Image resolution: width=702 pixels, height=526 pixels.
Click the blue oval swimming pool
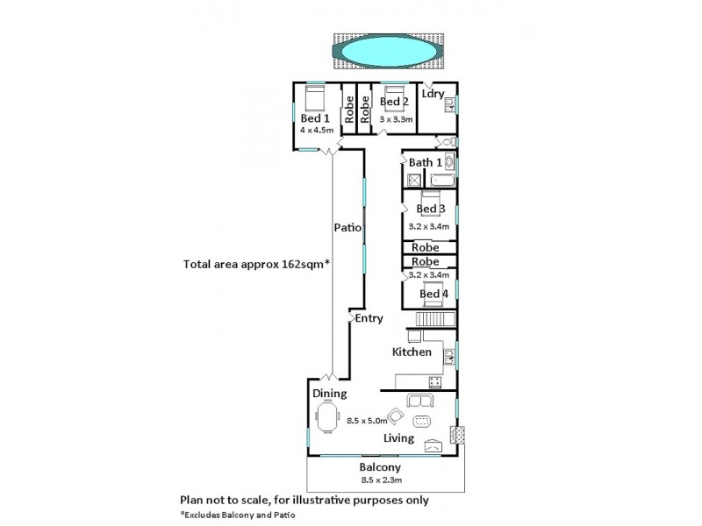coord(386,54)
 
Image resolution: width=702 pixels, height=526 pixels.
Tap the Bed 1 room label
coord(314,118)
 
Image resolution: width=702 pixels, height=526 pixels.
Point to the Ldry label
coord(433,93)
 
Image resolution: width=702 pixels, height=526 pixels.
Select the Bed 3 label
coord(430,209)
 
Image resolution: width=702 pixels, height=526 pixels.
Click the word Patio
coord(348,227)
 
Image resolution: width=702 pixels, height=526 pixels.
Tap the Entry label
coord(369,318)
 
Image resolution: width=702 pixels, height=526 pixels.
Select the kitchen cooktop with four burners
coord(433,380)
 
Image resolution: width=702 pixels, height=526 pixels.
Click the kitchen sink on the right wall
coord(449,355)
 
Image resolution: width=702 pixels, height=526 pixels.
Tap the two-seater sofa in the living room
coord(419,402)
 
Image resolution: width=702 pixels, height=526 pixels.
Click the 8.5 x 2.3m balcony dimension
coord(380,480)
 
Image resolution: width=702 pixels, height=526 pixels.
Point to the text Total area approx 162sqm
coord(256,263)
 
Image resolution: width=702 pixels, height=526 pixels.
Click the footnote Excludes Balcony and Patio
coord(239,515)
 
